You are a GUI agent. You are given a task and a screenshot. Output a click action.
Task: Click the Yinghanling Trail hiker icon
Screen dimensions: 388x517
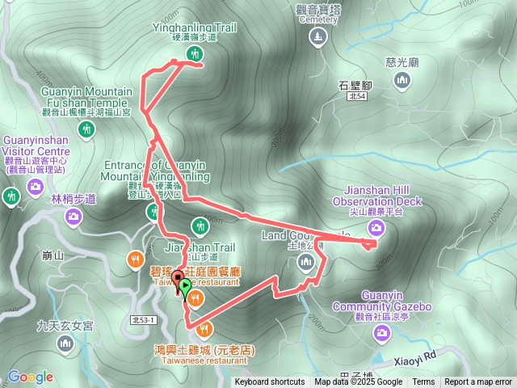click(x=195, y=54)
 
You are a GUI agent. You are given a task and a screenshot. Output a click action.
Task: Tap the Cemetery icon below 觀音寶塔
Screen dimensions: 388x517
click(x=317, y=36)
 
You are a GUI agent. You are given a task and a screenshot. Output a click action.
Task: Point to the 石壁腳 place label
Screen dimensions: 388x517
click(x=355, y=83)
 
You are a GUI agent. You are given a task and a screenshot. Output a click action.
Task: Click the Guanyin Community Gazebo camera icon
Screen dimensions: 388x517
click(x=343, y=306)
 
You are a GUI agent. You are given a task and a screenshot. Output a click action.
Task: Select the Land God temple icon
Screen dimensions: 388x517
click(x=305, y=260)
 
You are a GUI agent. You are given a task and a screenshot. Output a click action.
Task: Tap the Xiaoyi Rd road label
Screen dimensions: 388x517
click(x=417, y=354)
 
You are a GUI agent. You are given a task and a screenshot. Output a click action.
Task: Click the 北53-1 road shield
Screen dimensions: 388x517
click(x=142, y=321)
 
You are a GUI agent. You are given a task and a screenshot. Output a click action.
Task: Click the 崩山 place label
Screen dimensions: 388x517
click(x=53, y=255)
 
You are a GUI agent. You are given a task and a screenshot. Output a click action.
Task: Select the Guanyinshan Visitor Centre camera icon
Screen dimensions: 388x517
click(x=35, y=188)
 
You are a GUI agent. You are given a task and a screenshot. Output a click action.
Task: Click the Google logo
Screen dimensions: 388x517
click(x=30, y=377)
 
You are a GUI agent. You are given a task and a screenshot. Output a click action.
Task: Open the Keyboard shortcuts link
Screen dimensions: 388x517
click(x=269, y=382)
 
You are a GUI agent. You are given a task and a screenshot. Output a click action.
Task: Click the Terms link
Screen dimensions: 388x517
click(x=423, y=382)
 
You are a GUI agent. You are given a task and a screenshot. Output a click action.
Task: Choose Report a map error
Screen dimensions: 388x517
click(x=478, y=382)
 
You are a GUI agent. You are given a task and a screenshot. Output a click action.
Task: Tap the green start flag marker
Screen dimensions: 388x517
click(x=186, y=287)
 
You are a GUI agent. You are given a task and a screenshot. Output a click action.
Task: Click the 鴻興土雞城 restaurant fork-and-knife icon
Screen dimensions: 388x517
click(x=206, y=329)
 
